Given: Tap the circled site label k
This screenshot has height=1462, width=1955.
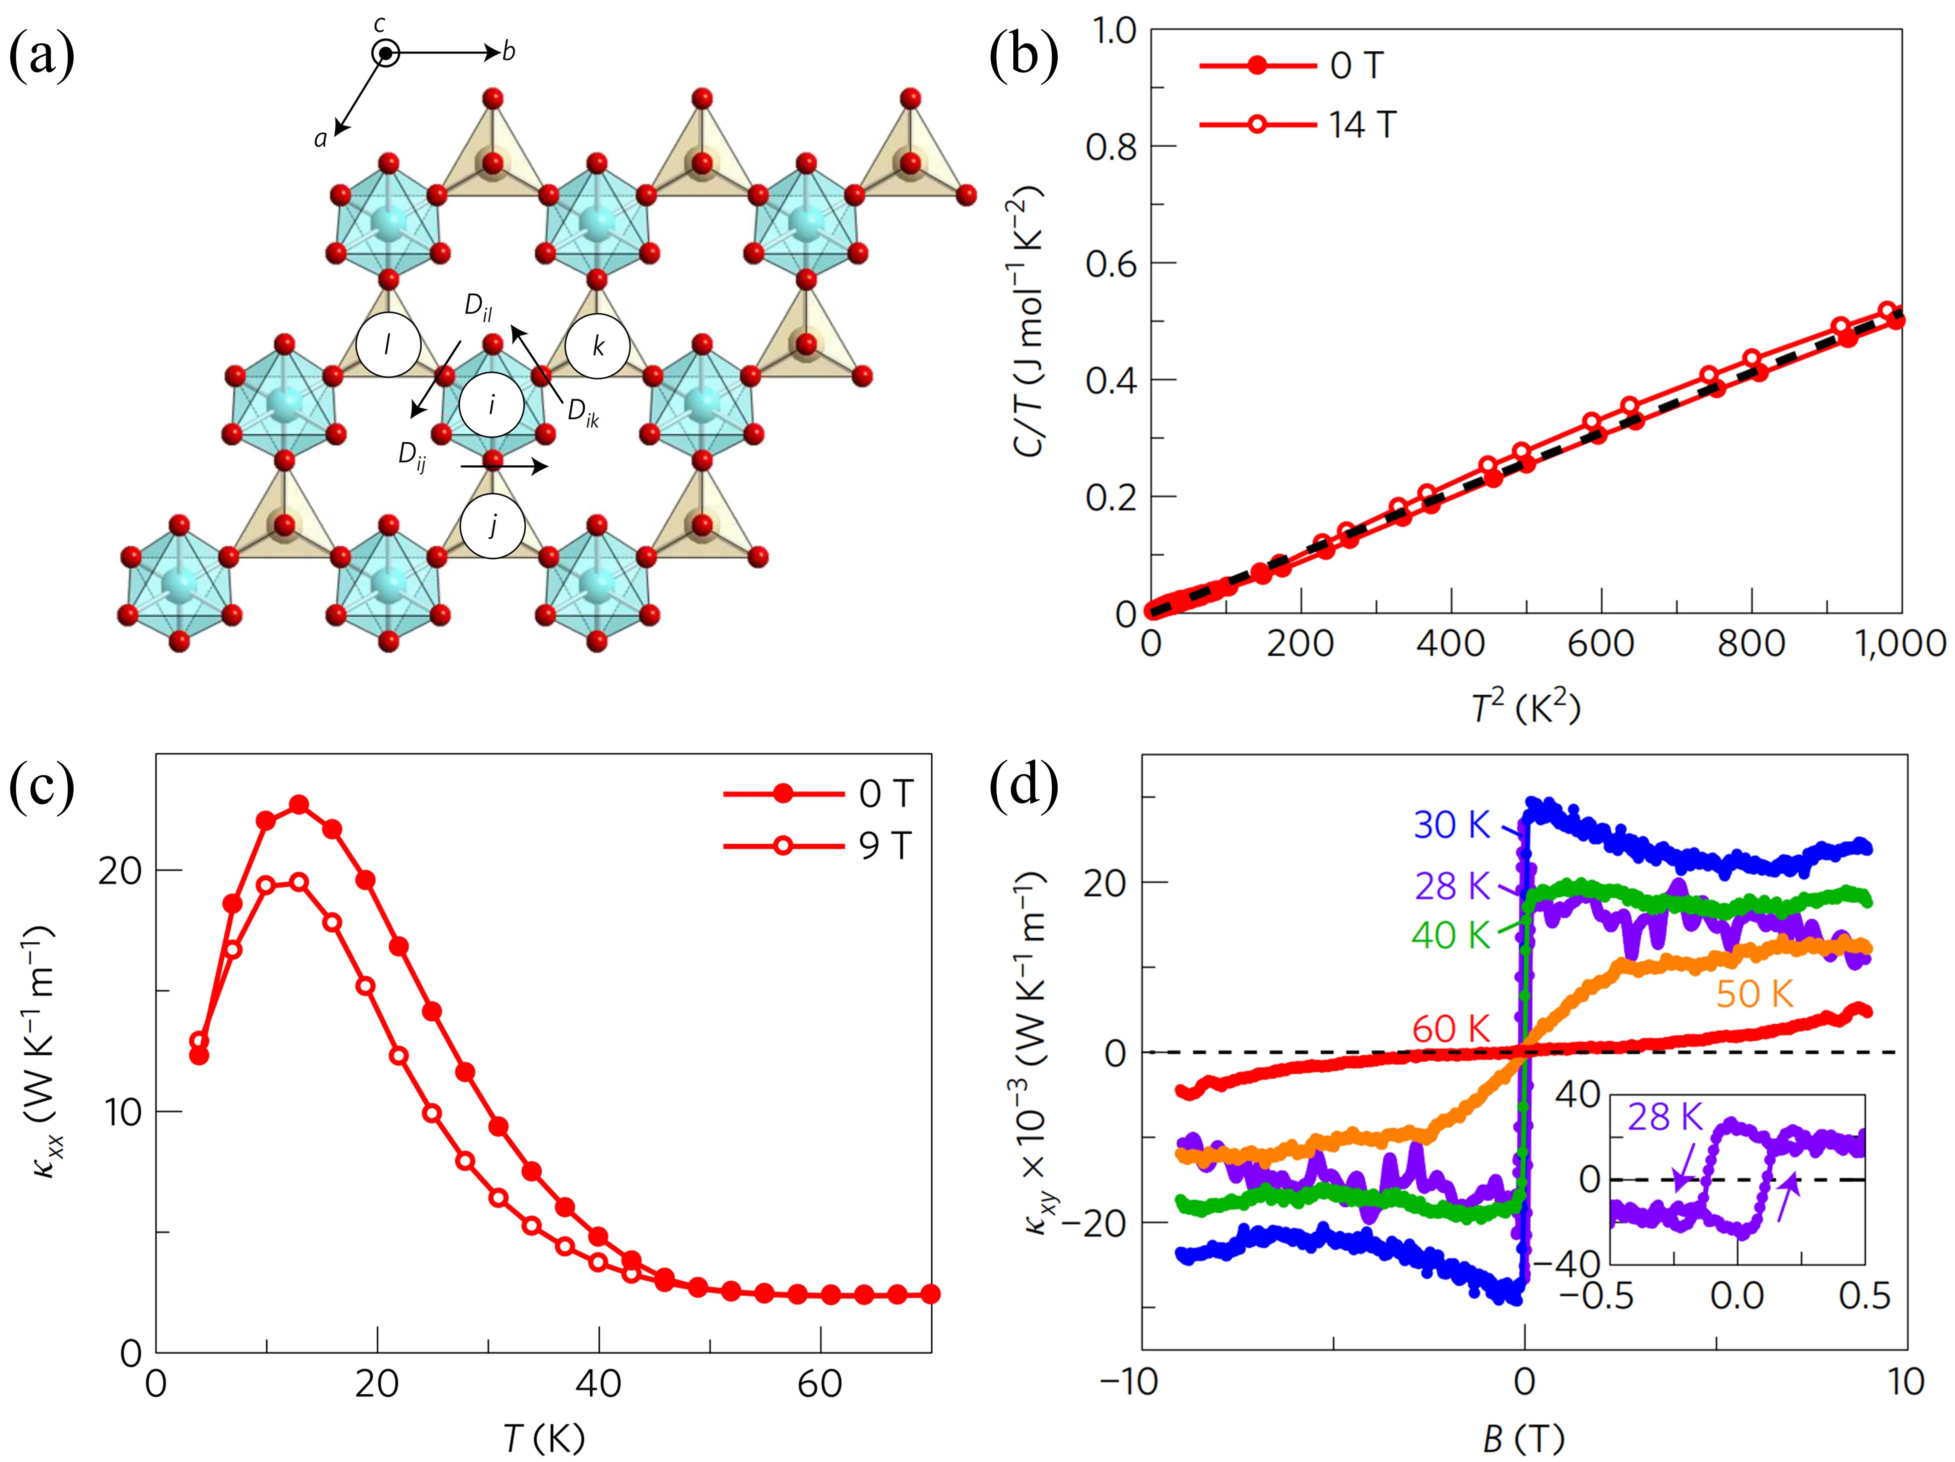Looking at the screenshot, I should pyautogui.click(x=597, y=346).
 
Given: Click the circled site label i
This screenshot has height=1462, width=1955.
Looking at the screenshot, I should pyautogui.click(x=491, y=405).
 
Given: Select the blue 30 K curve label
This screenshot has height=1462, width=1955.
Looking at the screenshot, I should pyautogui.click(x=1452, y=825).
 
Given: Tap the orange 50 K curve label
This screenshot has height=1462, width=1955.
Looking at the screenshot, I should pyautogui.click(x=1754, y=994).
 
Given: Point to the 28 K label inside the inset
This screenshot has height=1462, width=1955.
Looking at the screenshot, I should pyautogui.click(x=1665, y=1117).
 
